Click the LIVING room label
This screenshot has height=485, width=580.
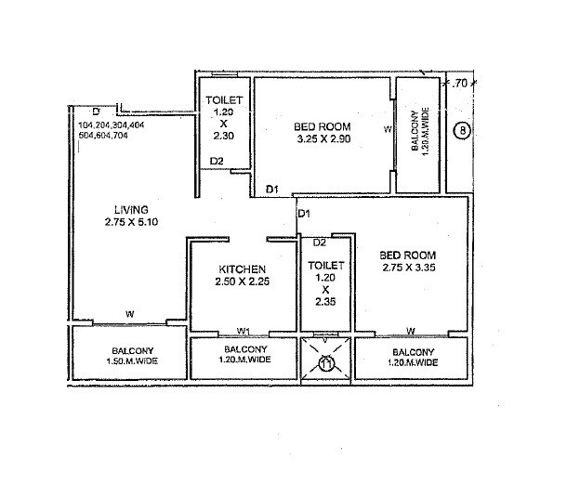[x=131, y=209]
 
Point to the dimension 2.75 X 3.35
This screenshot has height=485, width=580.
[x=408, y=268]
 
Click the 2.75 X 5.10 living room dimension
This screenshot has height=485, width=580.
[x=132, y=222]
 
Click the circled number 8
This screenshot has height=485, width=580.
[x=462, y=130]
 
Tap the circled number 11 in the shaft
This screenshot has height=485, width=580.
[x=326, y=363]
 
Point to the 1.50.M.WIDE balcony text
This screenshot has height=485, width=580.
[x=129, y=362]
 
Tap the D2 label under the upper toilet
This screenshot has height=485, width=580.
[x=217, y=162]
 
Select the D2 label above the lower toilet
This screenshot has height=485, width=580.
[x=319, y=242]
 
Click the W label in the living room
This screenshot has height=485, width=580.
[x=130, y=314]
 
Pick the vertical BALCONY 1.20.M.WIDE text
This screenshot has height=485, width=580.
[x=418, y=129]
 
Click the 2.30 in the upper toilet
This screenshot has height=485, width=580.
[x=223, y=135]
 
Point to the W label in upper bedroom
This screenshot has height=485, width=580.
[x=388, y=130]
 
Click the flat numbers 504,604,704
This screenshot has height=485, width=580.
[x=104, y=136]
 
